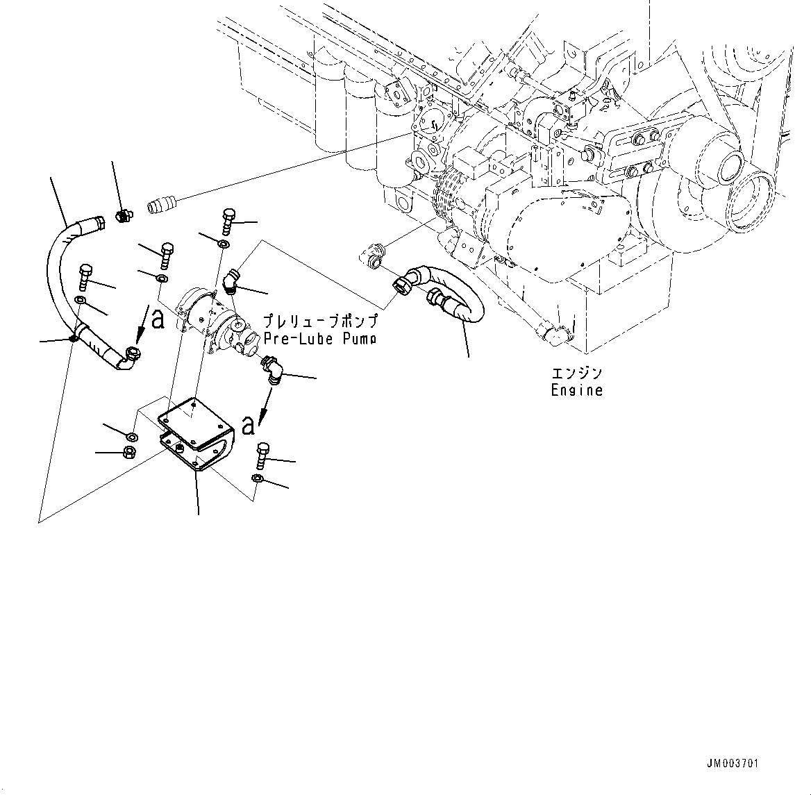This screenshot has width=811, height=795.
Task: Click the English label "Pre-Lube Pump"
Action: pyautogui.click(x=320, y=339)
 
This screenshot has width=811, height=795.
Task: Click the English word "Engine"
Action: pyautogui.click(x=576, y=390)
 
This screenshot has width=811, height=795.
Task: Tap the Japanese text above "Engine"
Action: pyautogui.click(x=576, y=374)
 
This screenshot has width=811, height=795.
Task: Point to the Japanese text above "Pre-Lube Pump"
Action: pyautogui.click(x=320, y=321)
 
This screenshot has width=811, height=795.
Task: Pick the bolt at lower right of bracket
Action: pyautogui.click(x=262, y=455)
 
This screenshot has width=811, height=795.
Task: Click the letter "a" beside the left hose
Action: pyautogui.click(x=158, y=319)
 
